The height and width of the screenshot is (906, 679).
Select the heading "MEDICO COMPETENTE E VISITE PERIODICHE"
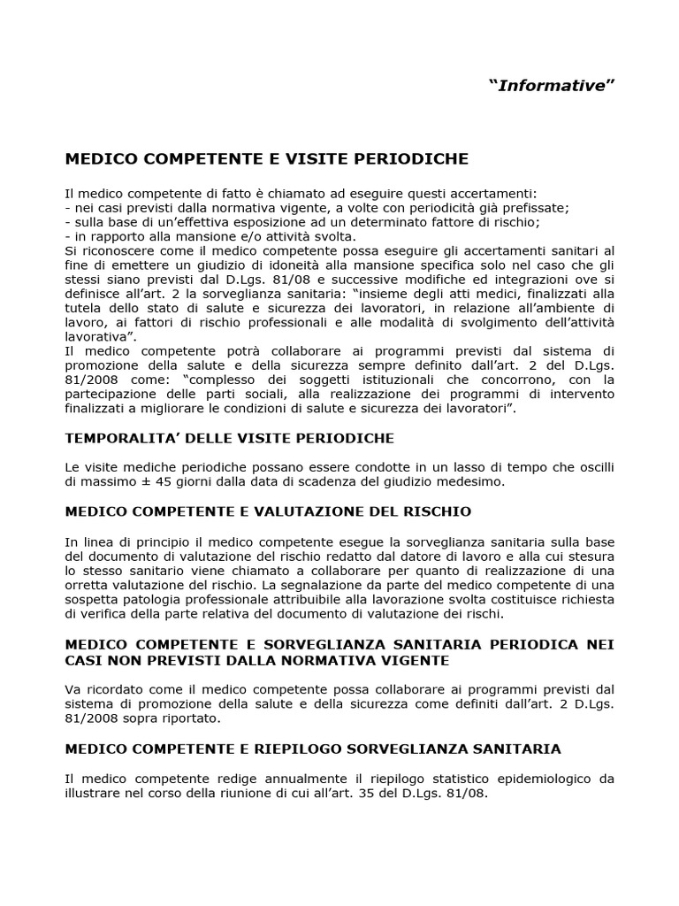click(x=267, y=159)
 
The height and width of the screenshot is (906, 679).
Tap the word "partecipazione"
click(x=109, y=395)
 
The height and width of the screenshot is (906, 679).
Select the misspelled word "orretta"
click(x=92, y=584)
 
